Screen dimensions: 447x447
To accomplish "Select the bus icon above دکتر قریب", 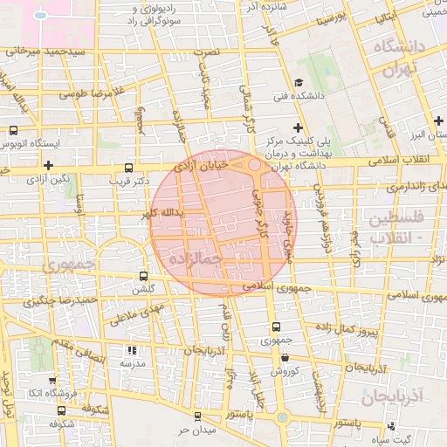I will click(129, 167).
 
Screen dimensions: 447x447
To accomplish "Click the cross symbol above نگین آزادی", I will click(48, 164).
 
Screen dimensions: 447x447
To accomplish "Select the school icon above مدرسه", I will click(133, 350).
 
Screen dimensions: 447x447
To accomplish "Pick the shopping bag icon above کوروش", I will click(285, 357).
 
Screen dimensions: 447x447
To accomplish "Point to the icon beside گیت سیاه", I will click(392, 426).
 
